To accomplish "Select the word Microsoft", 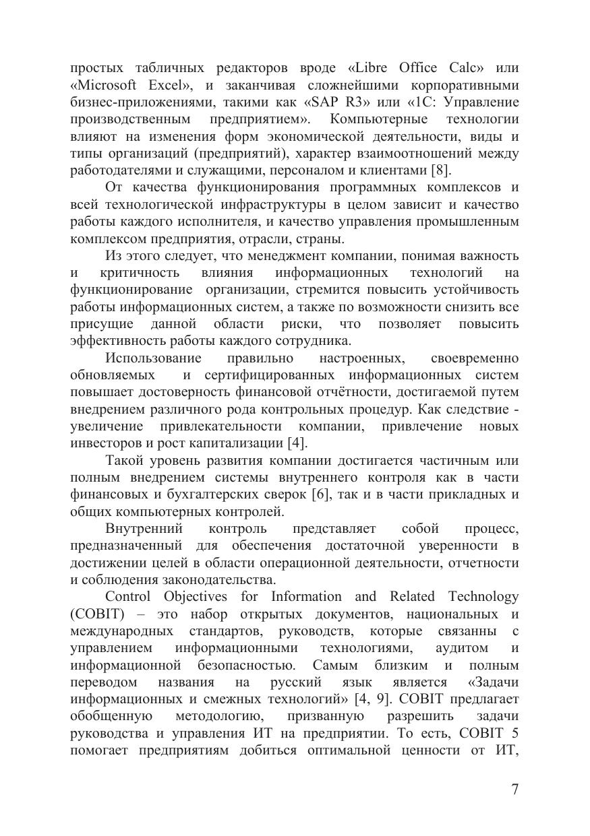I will tap(100, 85).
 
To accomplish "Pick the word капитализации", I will tap(238, 443).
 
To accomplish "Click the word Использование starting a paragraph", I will tap(153, 358).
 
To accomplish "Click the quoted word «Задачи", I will tap(493, 682).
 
